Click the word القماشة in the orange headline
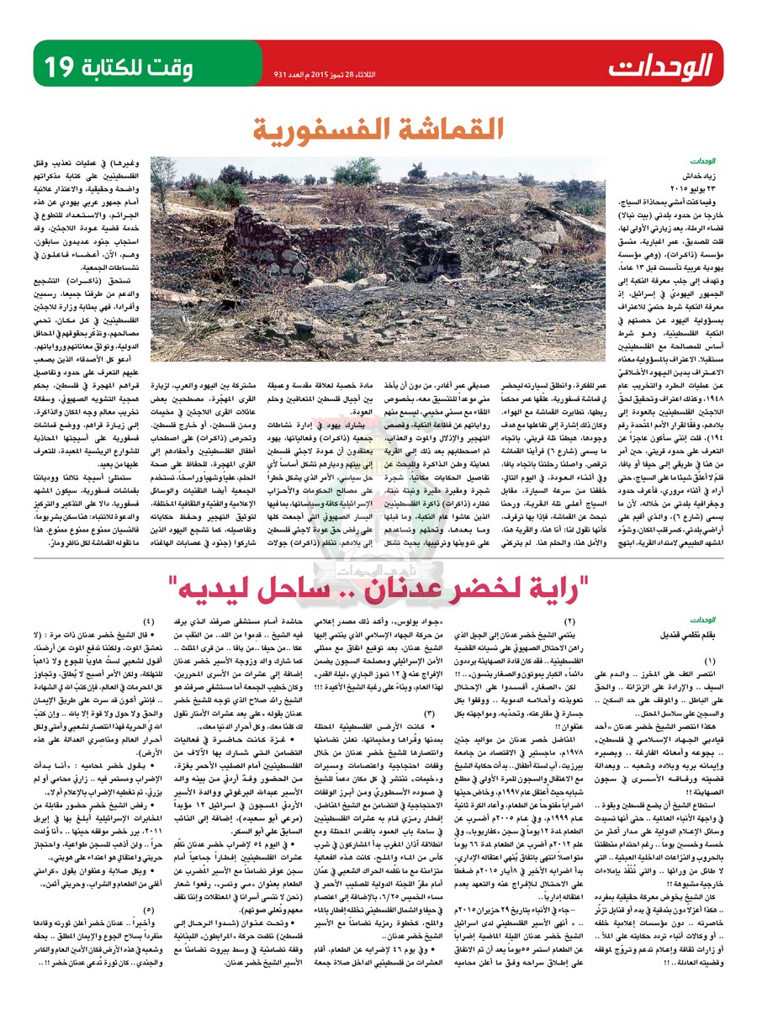[x=438, y=131]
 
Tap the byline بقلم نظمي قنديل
[x=694, y=602]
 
